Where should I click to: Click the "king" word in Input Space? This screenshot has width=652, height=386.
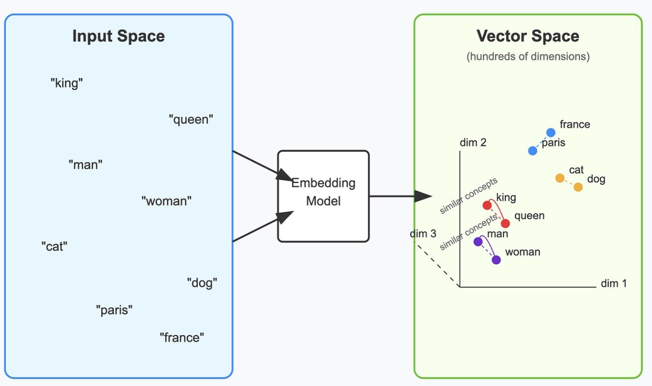click(67, 83)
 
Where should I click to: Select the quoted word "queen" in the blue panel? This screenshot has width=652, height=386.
click(191, 119)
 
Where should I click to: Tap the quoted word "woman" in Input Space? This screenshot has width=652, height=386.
click(166, 201)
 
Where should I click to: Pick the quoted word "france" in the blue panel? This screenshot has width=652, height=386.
click(182, 337)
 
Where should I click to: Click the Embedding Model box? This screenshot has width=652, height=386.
click(323, 196)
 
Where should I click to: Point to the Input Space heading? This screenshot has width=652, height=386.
click(119, 36)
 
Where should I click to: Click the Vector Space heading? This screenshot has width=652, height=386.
click(528, 36)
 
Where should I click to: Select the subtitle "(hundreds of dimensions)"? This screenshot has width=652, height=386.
click(528, 56)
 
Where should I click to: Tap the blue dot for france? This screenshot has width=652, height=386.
click(551, 132)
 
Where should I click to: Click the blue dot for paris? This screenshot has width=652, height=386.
click(533, 151)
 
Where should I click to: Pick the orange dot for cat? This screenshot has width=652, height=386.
click(560, 178)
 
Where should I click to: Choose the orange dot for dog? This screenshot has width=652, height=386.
click(578, 187)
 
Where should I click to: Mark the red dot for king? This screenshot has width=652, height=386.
click(487, 205)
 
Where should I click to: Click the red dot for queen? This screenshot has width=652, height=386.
click(505, 224)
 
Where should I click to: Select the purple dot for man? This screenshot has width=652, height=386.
click(478, 241)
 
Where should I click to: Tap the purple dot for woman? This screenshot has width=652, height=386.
click(496, 260)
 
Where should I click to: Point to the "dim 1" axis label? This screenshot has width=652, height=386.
click(614, 283)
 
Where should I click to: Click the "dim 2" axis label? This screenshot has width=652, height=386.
click(473, 143)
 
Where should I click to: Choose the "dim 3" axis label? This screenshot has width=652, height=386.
click(423, 233)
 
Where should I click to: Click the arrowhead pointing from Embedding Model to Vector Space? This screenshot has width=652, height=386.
click(423, 196)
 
